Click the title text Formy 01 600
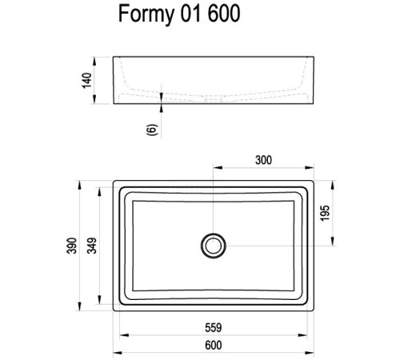click(178, 15)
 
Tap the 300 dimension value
click(263, 160)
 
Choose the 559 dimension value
click(212, 327)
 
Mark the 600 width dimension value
click(212, 346)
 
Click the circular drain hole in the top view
click(213, 243)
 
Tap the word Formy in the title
click(142, 15)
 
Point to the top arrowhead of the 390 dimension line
click(80, 182)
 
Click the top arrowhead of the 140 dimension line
click(99, 59)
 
